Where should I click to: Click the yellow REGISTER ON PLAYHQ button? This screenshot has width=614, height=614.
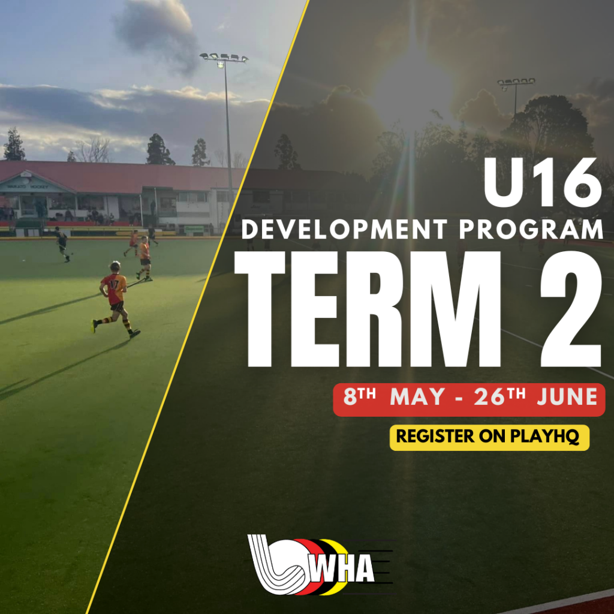(x=489, y=437)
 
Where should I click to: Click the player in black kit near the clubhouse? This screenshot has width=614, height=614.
(x=62, y=243)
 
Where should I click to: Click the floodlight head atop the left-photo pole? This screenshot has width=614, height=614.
(x=224, y=58)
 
